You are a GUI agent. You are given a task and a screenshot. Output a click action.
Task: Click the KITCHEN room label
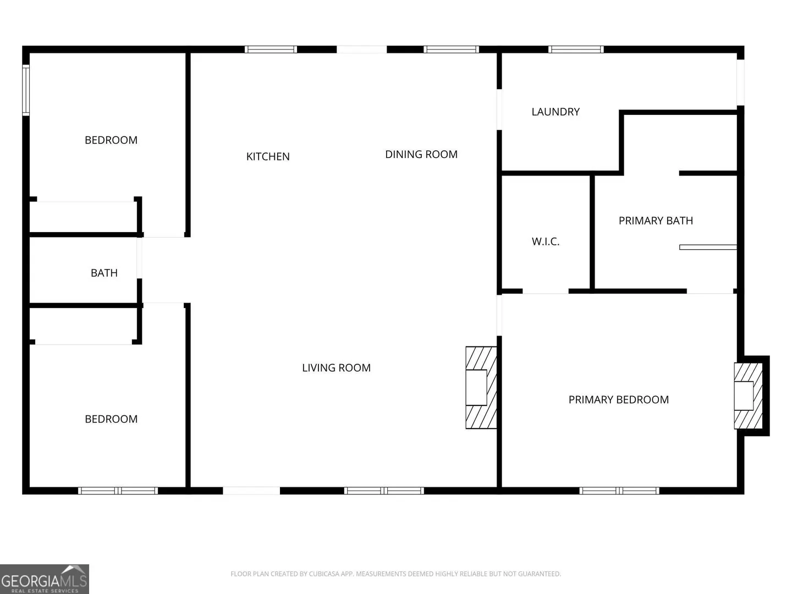(x=268, y=157)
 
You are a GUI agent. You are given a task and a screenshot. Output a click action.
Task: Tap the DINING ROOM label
(x=421, y=155)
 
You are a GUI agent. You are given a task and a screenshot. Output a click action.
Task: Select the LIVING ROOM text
(x=336, y=368)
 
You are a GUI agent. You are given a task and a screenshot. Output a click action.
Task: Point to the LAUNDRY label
(x=555, y=112)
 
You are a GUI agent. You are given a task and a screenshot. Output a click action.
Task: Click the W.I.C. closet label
(x=545, y=241)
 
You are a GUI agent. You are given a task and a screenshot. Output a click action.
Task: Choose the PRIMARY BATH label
(x=656, y=221)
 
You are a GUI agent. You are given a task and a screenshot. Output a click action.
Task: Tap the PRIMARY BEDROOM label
(x=618, y=400)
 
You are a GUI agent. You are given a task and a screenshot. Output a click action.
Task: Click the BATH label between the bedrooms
(x=104, y=273)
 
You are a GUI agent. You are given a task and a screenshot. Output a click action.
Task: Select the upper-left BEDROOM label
(x=111, y=140)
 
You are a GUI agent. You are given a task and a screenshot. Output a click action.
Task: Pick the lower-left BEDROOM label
(x=111, y=419)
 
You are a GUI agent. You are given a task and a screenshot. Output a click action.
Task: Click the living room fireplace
(x=481, y=388)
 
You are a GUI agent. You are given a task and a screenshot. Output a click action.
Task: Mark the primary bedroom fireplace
(x=749, y=395)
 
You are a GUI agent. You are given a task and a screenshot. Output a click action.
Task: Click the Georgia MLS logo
(x=45, y=579)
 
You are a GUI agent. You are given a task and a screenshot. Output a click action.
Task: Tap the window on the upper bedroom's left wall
(x=26, y=90)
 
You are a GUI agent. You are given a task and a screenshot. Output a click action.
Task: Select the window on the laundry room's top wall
(x=576, y=50)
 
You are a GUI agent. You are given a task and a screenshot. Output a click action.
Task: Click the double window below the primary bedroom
(x=619, y=491)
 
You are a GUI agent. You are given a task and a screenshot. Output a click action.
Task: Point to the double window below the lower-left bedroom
(x=118, y=491)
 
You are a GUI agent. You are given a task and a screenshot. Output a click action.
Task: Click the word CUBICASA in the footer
(x=323, y=574)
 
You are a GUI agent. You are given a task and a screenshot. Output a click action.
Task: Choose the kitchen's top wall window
(x=271, y=50)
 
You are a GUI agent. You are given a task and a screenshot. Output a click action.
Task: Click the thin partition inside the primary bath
(x=708, y=247)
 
